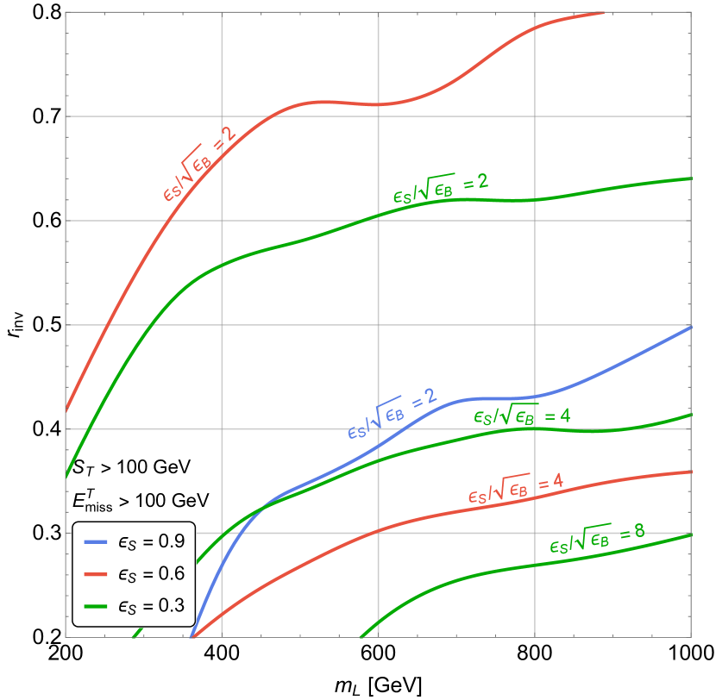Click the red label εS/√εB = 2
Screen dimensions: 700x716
pos(198,164)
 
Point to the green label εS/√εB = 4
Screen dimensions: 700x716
pos(521,416)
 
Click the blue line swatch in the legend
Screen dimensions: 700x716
pos(96,542)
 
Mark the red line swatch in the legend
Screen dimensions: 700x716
pos(96,574)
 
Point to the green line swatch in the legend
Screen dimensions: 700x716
pos(96,606)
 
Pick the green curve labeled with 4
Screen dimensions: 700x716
pos(431,445)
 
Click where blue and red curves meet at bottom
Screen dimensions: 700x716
pos(192,637)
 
